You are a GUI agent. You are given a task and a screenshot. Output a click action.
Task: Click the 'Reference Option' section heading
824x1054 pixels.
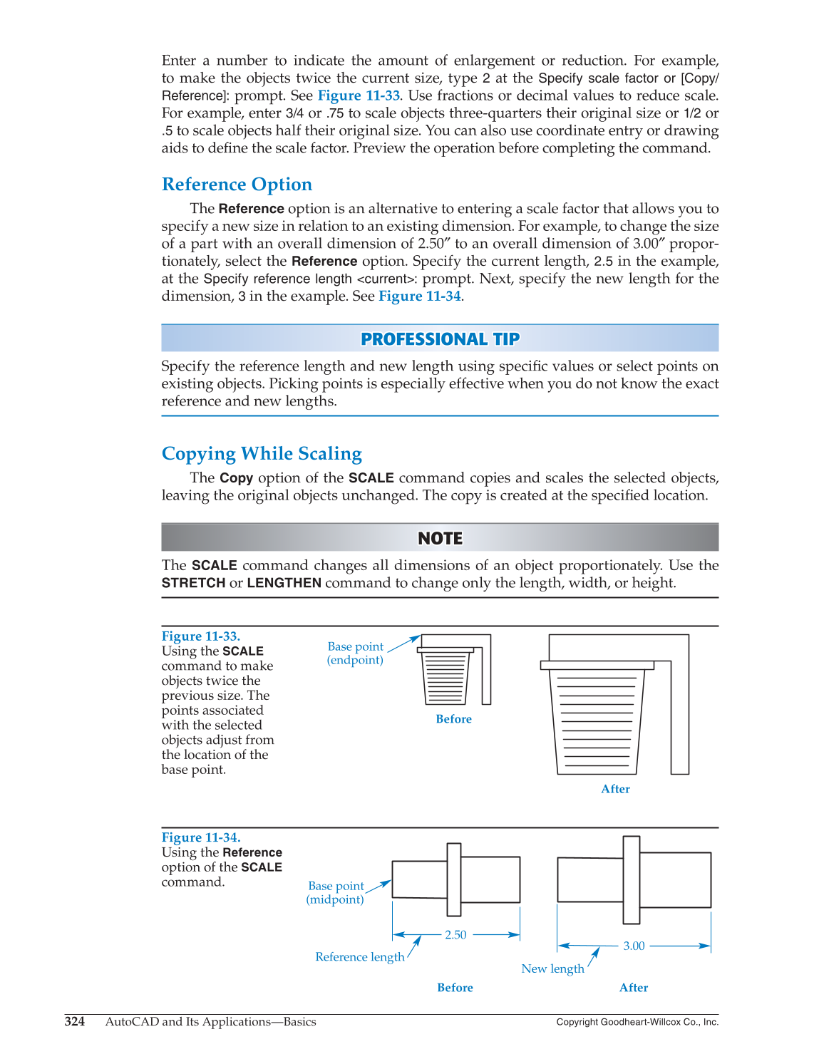coord(237,185)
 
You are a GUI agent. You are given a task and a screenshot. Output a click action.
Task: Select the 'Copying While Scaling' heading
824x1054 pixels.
coord(262,454)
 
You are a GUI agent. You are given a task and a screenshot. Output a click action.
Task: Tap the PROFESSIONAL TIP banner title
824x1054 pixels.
coord(440,339)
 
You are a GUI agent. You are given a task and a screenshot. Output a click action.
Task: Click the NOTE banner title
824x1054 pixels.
coord(440,538)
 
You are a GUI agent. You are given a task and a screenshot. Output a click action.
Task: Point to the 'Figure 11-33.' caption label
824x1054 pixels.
coord(200,636)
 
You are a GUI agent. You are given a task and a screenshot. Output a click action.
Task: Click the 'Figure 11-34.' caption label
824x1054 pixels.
coord(200,837)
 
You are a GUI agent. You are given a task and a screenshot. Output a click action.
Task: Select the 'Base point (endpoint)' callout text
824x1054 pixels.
coord(355,653)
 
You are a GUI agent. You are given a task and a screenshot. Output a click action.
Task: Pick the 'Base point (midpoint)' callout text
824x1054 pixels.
coord(336,892)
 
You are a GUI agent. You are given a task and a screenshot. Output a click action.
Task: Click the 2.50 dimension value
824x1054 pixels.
coord(455,935)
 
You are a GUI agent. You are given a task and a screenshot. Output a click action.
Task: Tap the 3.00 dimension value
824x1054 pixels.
coord(634,946)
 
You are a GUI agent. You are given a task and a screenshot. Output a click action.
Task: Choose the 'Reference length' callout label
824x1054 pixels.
coord(359,957)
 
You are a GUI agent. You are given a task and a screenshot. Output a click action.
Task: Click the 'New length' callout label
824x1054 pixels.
coord(552,968)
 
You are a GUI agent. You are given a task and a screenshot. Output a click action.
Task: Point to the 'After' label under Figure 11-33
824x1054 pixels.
coord(615,789)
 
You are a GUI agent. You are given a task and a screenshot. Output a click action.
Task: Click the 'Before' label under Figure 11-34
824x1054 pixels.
coord(455,988)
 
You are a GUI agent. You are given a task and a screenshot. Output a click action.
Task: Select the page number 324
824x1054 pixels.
coord(75,1022)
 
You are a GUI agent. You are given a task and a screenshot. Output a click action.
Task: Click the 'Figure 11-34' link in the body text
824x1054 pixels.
coord(419,296)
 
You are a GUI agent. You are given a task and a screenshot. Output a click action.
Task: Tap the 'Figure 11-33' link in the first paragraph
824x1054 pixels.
coord(359,95)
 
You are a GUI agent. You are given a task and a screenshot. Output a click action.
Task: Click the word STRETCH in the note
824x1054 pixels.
coord(193,583)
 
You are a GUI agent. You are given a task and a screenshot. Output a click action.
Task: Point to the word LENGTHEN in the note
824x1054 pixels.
coord(284,583)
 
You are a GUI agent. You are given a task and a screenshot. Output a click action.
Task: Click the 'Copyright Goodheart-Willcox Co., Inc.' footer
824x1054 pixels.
coord(637,1022)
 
